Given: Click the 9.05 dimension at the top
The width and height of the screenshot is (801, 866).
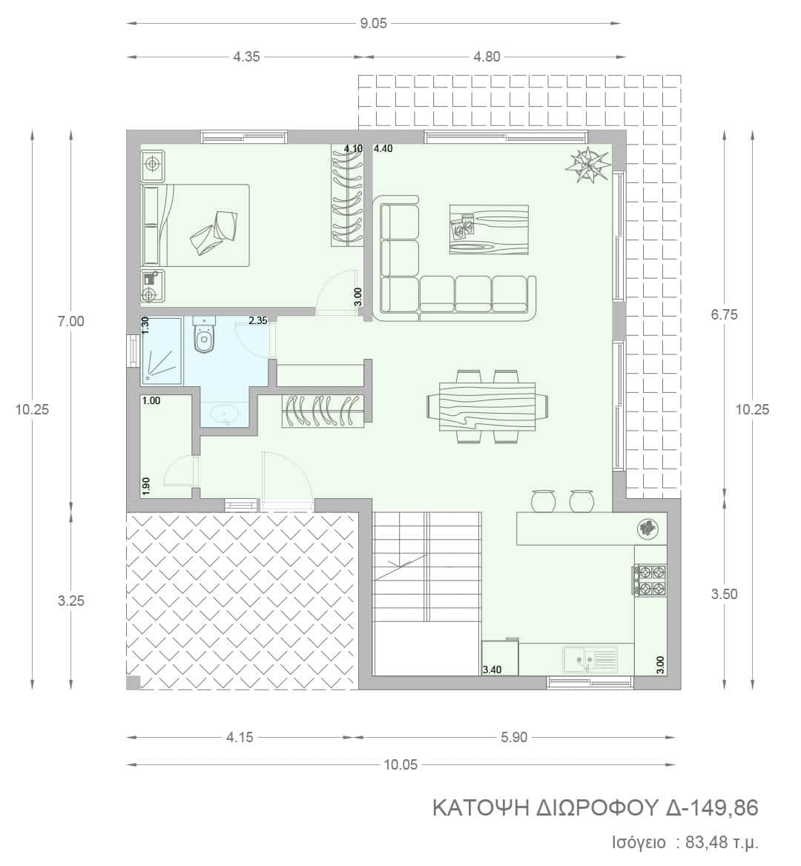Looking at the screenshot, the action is click(374, 24).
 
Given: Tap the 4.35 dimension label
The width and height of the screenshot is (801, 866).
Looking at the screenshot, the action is click(246, 56).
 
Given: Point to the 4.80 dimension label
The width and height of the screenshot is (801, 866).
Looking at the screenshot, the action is click(487, 56).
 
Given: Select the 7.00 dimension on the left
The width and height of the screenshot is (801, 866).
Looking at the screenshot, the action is click(71, 321).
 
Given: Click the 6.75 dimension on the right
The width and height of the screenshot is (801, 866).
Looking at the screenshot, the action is click(724, 314).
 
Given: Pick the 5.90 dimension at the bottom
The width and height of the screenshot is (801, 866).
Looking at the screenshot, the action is click(514, 737).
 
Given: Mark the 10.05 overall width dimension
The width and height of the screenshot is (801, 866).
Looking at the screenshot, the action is click(400, 764).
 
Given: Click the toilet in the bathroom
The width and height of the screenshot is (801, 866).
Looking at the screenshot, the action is click(204, 334).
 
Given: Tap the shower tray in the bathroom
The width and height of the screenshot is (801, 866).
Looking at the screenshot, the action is click(162, 350).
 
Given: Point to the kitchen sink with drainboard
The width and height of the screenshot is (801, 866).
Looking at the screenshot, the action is click(590, 658).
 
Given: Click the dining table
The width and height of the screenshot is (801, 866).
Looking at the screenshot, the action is click(488, 406).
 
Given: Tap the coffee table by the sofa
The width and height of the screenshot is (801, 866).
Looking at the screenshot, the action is click(489, 229).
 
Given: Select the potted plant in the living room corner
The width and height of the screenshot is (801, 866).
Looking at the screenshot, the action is click(588, 165).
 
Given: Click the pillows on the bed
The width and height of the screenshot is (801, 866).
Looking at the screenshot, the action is click(215, 233).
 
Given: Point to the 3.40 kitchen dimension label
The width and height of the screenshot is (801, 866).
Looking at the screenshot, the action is click(492, 670).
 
